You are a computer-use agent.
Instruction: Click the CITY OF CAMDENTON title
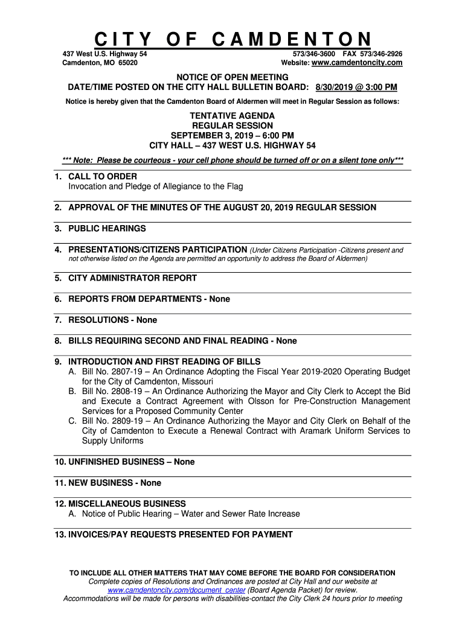coord(232,40)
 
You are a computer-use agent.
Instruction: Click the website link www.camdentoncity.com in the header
coord(356,63)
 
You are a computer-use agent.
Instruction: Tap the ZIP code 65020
coord(127,63)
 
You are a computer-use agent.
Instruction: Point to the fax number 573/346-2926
coord(381,54)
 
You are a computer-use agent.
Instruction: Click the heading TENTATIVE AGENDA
coord(232,115)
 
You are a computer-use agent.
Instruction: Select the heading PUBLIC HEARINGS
coord(107,228)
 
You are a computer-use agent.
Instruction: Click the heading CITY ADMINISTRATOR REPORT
coord(132,278)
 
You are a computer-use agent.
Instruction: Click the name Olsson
coord(279,401)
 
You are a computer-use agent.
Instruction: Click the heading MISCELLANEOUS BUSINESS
coord(127,503)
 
